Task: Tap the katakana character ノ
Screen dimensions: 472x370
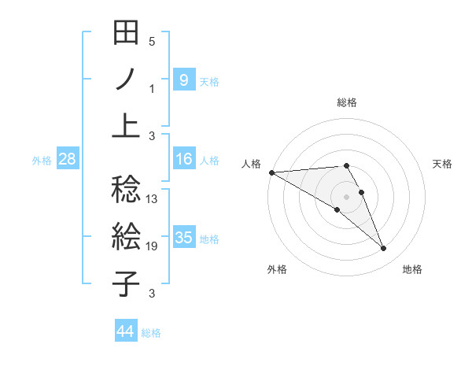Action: click(x=126, y=80)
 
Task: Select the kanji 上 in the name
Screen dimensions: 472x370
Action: click(x=126, y=124)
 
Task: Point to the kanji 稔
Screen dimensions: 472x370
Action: click(x=126, y=188)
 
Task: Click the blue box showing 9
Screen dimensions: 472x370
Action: click(x=183, y=80)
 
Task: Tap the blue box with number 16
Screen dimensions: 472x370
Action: click(x=183, y=159)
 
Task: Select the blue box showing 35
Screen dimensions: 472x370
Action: click(x=183, y=238)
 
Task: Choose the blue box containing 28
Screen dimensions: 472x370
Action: click(x=68, y=159)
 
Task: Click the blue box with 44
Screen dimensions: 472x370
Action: click(x=126, y=331)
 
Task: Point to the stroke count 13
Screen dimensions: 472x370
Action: click(x=153, y=199)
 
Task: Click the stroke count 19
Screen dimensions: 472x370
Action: click(x=153, y=246)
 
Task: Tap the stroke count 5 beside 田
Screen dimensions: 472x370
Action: click(x=152, y=41)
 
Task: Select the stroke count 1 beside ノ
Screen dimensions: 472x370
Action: click(x=152, y=89)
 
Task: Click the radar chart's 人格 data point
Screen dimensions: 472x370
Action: click(x=271, y=172)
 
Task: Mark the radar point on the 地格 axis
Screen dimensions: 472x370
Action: click(x=383, y=249)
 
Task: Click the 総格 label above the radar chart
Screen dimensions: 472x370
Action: click(x=347, y=102)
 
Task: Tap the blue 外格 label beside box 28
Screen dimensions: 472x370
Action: click(x=42, y=160)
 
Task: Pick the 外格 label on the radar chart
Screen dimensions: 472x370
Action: click(x=277, y=269)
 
